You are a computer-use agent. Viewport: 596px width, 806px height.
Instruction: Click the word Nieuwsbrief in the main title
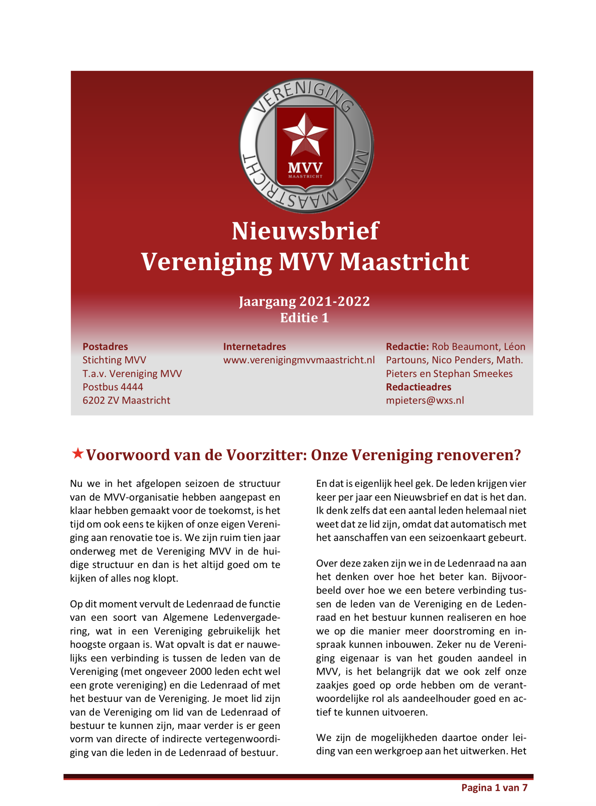click(305, 231)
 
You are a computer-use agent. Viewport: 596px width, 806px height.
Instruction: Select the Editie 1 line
click(304, 318)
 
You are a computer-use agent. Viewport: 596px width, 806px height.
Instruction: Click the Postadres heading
click(105, 347)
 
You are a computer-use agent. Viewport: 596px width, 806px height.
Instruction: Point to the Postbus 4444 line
click(113, 387)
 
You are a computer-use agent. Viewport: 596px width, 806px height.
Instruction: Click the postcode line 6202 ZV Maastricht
click(126, 400)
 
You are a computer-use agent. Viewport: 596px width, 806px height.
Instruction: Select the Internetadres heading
click(254, 347)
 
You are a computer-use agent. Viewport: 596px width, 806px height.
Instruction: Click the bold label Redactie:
click(407, 347)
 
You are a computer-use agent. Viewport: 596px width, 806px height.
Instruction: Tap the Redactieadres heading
click(419, 387)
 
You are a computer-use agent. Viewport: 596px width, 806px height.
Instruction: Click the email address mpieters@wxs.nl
click(425, 400)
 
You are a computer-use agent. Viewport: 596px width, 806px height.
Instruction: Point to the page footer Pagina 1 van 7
click(494, 788)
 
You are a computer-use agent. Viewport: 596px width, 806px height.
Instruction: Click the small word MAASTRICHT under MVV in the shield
click(305, 176)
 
